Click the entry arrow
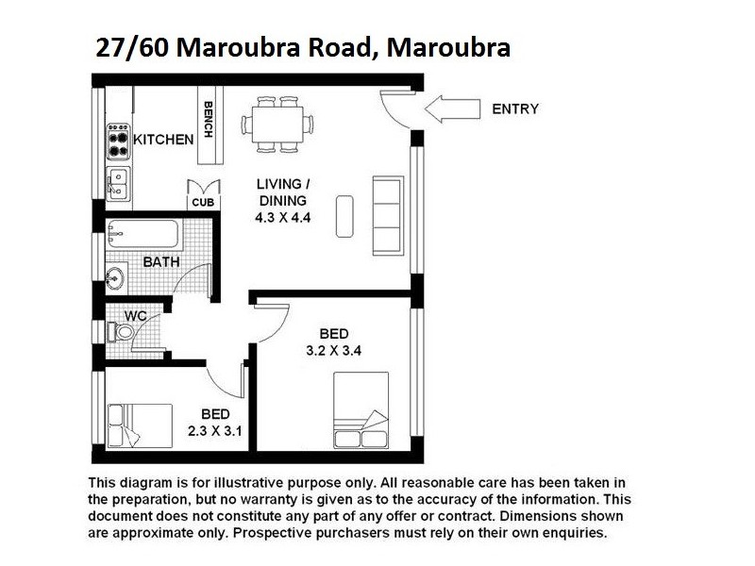tap(448, 109)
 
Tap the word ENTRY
tap(515, 109)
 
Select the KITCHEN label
tap(163, 139)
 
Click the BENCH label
tap(209, 120)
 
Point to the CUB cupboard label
tap(202, 203)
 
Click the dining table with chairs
tap(277, 123)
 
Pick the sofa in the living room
tap(389, 213)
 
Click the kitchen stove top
tap(118, 142)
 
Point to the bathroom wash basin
tap(114, 278)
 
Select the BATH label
tap(161, 261)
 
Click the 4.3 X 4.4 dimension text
tap(282, 217)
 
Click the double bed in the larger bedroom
tap(360, 408)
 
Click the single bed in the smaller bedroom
tap(140, 424)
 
